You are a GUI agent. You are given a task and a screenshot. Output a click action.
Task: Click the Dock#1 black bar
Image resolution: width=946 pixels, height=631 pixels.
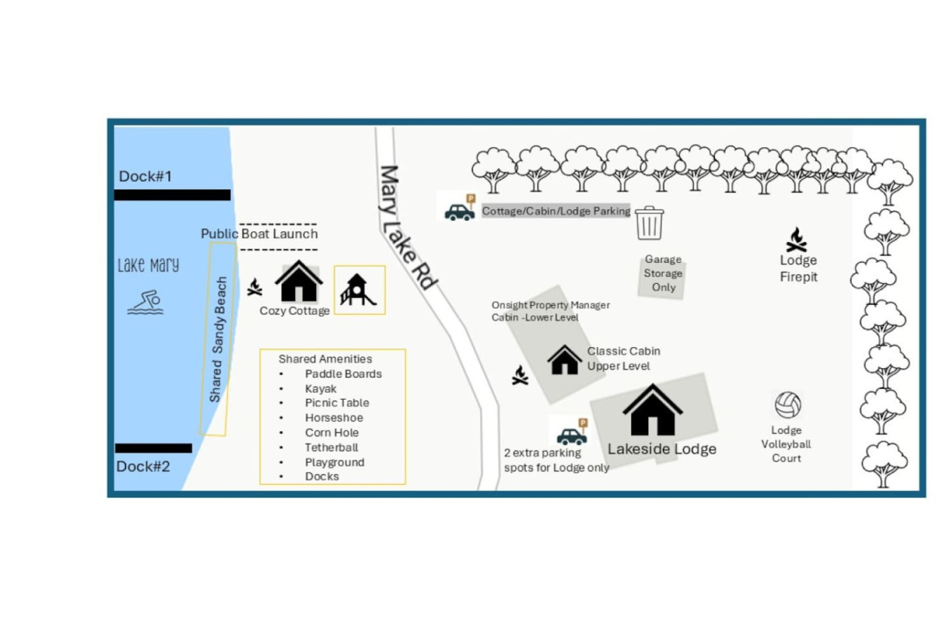172,195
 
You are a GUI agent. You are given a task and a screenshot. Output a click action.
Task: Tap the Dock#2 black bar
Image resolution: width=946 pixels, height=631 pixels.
153,448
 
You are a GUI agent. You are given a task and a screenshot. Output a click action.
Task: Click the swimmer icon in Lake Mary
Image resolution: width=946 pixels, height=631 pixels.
146,303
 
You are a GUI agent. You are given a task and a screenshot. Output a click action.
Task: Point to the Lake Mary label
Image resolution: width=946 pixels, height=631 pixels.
148,265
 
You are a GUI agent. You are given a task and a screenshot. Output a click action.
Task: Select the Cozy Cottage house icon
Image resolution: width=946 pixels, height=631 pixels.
299,281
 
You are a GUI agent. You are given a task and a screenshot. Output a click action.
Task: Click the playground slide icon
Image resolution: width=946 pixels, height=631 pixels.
358,290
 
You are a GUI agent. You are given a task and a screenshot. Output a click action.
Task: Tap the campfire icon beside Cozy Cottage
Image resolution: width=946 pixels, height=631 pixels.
255,286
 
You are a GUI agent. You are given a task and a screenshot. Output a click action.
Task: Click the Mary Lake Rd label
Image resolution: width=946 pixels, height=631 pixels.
407,227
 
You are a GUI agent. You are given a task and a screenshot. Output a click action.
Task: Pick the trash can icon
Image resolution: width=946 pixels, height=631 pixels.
649,223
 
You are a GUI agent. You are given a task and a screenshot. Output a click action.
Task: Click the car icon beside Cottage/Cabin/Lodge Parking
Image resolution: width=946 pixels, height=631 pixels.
460,212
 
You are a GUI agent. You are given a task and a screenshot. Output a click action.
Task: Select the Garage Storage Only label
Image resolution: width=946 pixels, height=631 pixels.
663,273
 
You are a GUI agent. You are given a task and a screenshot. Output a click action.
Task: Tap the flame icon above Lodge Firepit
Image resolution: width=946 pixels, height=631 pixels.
796,240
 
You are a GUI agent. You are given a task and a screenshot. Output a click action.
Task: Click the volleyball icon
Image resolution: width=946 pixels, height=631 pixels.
788,405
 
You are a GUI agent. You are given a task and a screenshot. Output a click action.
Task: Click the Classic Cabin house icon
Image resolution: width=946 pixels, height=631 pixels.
564,360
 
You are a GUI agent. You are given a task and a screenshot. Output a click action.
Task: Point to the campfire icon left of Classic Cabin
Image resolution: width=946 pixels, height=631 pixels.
520,376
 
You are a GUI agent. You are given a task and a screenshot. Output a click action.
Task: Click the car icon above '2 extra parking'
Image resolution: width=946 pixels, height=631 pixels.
572,437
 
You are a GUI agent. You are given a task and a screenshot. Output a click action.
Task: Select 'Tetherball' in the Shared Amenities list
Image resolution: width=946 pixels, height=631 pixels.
331,447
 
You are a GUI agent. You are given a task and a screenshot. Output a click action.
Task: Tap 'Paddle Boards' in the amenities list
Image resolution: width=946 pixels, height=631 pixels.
343,374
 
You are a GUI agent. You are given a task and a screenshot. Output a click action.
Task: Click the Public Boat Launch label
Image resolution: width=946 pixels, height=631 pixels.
259,233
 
